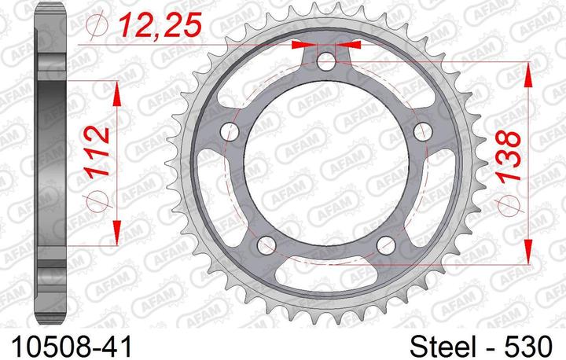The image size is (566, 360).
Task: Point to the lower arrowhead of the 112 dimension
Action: [117, 230]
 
